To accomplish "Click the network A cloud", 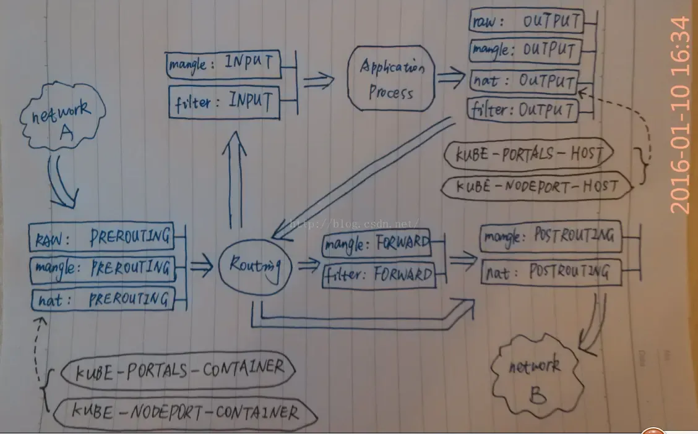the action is coord(62,116).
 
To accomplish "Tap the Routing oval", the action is coord(255,267).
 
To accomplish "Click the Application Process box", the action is coord(391,79).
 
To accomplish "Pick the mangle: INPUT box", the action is coord(223,65).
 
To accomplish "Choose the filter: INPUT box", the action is coord(225,102).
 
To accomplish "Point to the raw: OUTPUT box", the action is coord(526,20).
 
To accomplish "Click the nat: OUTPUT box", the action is coord(524,82).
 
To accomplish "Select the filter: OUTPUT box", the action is coord(523,110).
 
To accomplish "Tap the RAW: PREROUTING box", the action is coord(101,237).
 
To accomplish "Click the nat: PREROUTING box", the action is coord(103,299).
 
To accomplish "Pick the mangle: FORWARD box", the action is coord(377,243).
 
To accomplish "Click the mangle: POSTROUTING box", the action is coord(551,236).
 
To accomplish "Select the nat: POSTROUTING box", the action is coord(551,271).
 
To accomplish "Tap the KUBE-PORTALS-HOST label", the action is coord(529,155).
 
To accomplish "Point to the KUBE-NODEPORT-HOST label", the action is coord(537,186).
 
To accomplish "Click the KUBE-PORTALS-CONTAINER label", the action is coord(178,370).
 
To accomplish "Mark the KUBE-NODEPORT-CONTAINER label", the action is coord(185,412).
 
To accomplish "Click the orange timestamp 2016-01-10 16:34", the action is coord(681,116).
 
